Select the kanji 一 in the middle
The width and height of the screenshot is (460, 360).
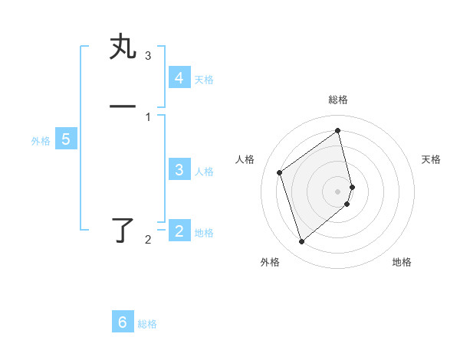coord(123,106)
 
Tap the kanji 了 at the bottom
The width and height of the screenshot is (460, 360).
coord(123,231)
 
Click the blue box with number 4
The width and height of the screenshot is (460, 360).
coord(179,78)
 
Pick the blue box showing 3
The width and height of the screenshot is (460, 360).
coord(179,170)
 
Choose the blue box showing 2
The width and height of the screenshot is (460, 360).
coord(179,231)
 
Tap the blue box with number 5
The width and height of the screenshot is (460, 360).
coord(66,139)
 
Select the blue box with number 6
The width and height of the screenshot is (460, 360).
coord(123,322)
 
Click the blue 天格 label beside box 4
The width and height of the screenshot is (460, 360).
coord(204,80)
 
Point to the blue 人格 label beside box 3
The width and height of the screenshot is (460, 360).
coord(204,172)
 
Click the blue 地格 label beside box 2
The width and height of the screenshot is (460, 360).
coord(204,233)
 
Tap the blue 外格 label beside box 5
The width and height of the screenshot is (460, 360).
coord(41,141)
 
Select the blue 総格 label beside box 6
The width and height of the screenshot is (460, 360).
coord(147,324)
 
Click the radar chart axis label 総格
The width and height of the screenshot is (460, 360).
coord(338,100)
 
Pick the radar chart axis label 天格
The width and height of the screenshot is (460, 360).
coord(431,159)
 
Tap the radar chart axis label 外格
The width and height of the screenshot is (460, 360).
coord(270,262)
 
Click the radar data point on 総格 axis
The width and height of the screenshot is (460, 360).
coord(338,130)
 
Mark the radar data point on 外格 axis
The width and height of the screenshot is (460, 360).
coord(301,242)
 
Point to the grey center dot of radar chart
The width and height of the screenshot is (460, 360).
coord(338,190)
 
